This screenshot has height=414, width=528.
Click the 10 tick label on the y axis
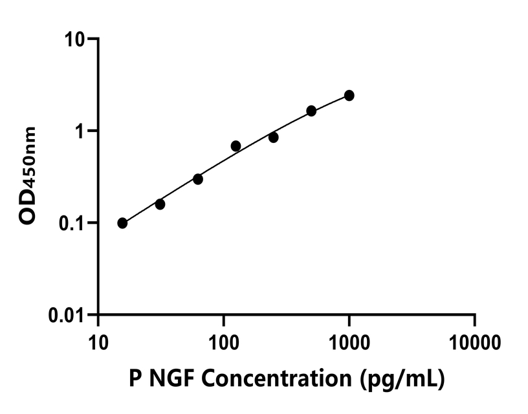77,39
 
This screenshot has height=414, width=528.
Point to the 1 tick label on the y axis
82,131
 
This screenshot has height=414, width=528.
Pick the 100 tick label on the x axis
223,340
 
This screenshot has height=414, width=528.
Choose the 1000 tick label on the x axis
349,340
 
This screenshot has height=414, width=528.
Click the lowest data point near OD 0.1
122,223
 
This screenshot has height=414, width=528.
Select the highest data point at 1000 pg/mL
349,95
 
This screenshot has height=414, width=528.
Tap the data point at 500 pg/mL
311,111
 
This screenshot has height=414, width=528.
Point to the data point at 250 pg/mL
274,137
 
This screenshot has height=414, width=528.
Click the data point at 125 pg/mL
236,146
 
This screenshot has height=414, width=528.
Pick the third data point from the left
198,179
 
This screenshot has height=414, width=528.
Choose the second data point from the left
160,204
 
